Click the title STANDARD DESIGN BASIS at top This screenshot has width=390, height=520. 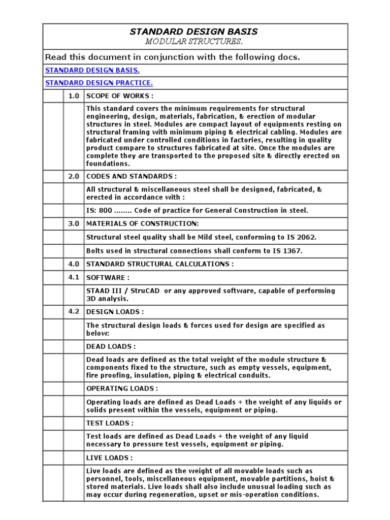pos(193,31)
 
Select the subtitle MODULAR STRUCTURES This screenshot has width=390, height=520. pos(193,41)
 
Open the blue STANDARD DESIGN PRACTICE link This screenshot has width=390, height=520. pos(99,83)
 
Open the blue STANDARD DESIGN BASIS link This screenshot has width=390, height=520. pos(92,70)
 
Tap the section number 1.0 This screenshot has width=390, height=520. pos(74,96)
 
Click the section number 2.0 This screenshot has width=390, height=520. pos(74,176)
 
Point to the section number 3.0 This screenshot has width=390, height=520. pos(74,223)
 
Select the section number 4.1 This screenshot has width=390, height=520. pos(74,277)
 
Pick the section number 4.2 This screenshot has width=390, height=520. pos(74,311)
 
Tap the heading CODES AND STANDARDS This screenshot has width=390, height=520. pos(132,176)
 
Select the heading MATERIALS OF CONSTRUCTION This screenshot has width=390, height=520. pos(143,223)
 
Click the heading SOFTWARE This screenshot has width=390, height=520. pos(108,278)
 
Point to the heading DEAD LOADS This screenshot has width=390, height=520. pos(111,346)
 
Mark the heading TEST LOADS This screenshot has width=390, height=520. pos(110,423)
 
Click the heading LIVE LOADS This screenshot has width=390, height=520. pos(110,458)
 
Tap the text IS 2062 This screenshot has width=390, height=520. pos(302,237)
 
